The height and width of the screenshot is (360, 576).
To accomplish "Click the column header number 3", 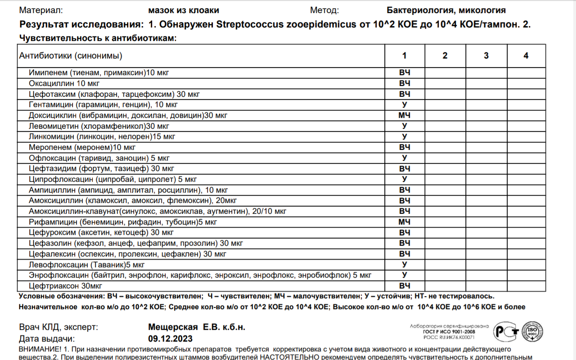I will (x=486, y=56).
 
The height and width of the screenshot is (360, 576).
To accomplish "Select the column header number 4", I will (x=526, y=56).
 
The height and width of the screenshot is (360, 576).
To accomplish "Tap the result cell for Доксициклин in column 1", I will (x=404, y=115).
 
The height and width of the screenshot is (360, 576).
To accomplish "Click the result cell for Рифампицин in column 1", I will (x=404, y=222).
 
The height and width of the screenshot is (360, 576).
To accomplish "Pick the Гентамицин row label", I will (x=103, y=105).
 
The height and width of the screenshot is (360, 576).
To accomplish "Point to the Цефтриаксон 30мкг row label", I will (x=65, y=286).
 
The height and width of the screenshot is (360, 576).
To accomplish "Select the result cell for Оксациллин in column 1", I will (x=404, y=83).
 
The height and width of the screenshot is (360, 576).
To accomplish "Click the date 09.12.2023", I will (x=170, y=339).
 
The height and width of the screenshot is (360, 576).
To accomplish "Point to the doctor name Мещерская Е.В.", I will (x=197, y=327).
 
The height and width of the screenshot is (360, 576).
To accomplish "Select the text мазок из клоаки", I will (x=184, y=10).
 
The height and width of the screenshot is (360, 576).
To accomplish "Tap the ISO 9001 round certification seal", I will (x=531, y=333).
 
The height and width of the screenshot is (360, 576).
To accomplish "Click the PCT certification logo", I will (x=505, y=333).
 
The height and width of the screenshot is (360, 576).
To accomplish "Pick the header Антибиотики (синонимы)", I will (x=71, y=56).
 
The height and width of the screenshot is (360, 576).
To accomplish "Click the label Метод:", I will (x=324, y=10).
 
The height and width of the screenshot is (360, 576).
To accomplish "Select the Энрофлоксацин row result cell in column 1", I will (x=404, y=275).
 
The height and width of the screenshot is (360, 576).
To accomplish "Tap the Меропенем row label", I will (x=82, y=147).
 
